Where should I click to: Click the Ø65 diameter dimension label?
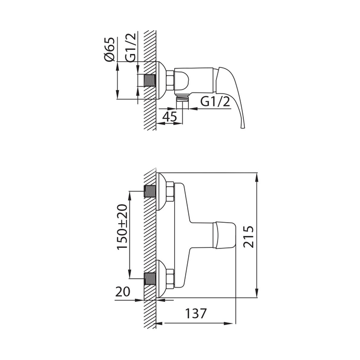point(109,49)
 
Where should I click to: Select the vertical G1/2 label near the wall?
point(131,47)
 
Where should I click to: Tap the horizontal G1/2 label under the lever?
point(215,101)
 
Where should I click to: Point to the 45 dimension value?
point(170,117)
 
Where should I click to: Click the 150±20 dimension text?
point(122,227)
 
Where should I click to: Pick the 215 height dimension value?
point(248,237)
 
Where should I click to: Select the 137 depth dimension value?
point(196,313)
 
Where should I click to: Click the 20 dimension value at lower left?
point(122,292)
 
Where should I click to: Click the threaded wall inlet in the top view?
point(150,80)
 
